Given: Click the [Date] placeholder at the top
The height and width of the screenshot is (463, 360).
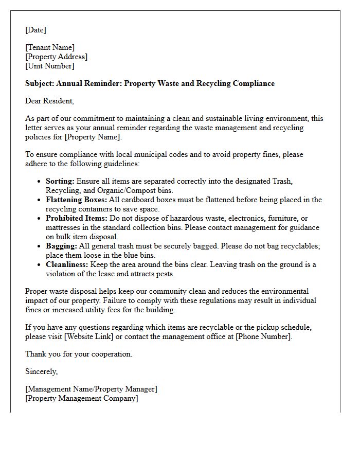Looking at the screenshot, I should point(35,30).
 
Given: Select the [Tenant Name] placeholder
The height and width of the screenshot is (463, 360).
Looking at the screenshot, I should point(50,47).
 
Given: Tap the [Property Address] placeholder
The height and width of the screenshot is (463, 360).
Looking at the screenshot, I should point(56,57).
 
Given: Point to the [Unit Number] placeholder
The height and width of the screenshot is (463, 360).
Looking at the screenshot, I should point(49,66).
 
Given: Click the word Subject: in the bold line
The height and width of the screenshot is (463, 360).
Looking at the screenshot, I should point(40,83).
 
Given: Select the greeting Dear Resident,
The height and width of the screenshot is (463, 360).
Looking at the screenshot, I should point(49,101).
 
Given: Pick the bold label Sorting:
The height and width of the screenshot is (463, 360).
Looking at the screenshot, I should point(60,181).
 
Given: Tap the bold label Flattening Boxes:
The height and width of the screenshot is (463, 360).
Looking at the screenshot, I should point(76,200).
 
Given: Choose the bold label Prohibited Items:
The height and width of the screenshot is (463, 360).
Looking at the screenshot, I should point(76,218).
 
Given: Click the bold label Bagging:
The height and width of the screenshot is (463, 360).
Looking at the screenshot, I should point(61,246).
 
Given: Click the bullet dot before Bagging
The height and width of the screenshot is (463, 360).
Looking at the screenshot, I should point(40,246).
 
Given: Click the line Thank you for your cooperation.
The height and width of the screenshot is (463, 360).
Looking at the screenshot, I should point(79,354).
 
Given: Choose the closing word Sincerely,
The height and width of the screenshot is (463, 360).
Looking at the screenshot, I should point(42,371).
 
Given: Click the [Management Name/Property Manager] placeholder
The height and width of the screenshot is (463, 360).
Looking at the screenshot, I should point(91,389).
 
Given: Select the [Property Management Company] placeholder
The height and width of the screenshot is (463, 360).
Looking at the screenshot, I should point(81,398).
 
